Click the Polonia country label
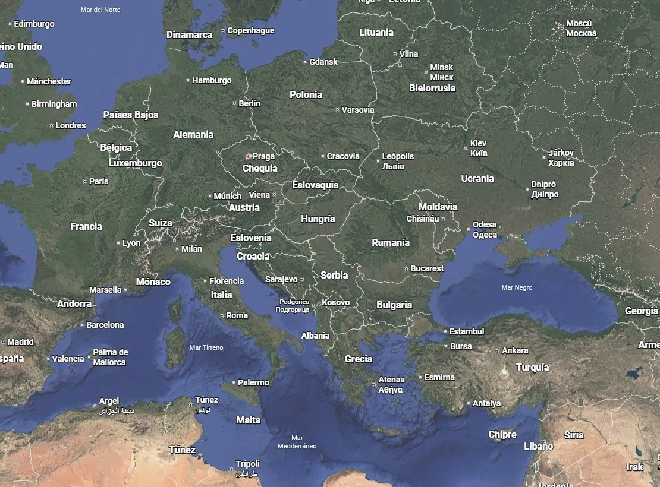pos(306,94)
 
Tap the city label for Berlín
pos(249,103)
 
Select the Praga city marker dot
pos(248,156)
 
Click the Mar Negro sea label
pos(517,287)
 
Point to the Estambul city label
pos(466,331)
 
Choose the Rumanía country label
pos(391,242)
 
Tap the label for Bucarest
pos(427,268)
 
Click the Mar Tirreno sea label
pos(206,347)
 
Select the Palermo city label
pos(253,382)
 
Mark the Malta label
pos(248,420)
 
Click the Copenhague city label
pos(250,30)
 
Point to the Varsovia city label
pos(358,110)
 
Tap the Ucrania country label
pos(477,178)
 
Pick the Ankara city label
pos(515,350)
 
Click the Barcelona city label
pos(105,325)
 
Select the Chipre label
pos(502,435)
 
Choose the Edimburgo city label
pos(34,24)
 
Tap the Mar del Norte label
pos(100,10)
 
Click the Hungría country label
pos(318,219)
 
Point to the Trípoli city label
pos(247,464)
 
